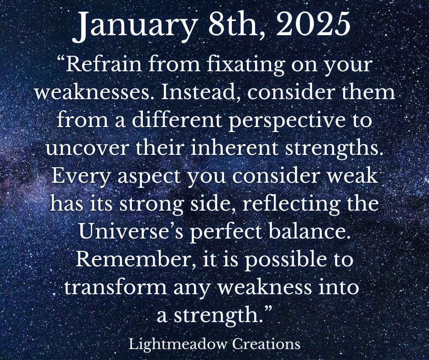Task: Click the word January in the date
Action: click(134, 26)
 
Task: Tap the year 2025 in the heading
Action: click(313, 24)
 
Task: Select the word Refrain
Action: click(104, 64)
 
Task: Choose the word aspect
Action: click(149, 177)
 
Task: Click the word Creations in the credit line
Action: click(267, 344)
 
